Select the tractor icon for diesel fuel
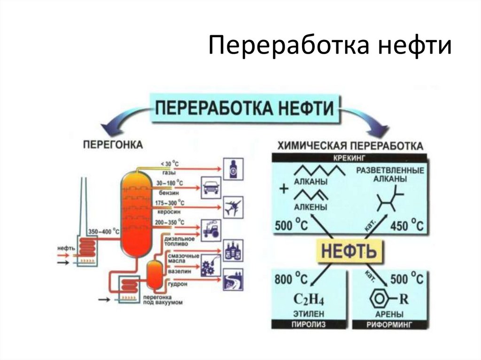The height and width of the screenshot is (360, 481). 211,229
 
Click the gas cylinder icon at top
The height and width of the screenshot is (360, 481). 233,169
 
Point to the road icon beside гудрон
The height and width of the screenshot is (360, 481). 233,278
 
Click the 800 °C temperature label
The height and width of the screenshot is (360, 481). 290,279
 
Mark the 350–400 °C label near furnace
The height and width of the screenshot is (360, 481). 104,231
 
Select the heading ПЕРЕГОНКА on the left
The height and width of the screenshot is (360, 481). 113,145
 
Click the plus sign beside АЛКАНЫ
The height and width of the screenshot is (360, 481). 283,189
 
